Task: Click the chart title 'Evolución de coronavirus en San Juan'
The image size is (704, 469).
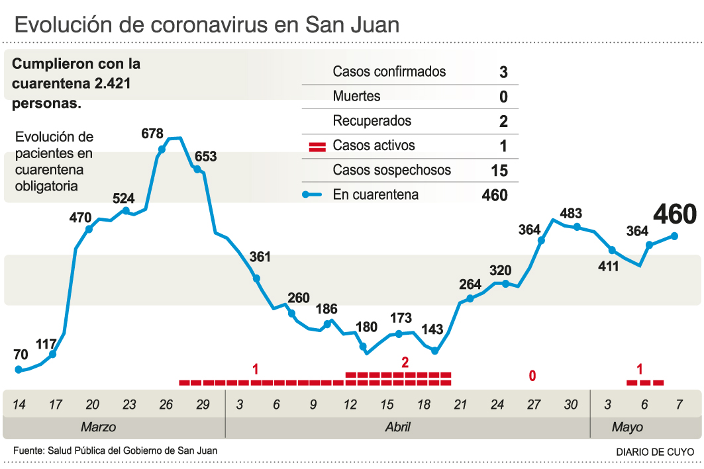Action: click(x=207, y=24)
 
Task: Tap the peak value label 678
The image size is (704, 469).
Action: click(x=152, y=134)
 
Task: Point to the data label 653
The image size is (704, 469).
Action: click(x=205, y=157)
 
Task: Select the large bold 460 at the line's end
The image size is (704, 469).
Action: click(x=675, y=215)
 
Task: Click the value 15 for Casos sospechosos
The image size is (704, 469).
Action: click(x=499, y=171)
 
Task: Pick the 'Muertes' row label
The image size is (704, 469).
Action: click(x=356, y=97)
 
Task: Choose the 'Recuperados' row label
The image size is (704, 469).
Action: click(x=372, y=121)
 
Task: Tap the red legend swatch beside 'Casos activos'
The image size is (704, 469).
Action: click(x=317, y=146)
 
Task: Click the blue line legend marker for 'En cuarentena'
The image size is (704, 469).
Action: click(x=316, y=195)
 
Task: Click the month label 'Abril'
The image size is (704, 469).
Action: click(x=397, y=427)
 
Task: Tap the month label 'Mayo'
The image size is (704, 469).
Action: click(x=627, y=427)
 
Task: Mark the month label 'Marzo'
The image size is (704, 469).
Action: click(x=98, y=427)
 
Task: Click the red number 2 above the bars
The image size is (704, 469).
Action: click(x=405, y=362)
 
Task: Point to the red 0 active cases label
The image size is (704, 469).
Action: click(x=532, y=376)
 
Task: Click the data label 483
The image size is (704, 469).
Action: click(x=571, y=214)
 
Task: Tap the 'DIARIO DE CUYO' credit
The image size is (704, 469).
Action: click(x=654, y=451)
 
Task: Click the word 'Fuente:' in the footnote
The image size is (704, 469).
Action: click(x=28, y=450)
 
